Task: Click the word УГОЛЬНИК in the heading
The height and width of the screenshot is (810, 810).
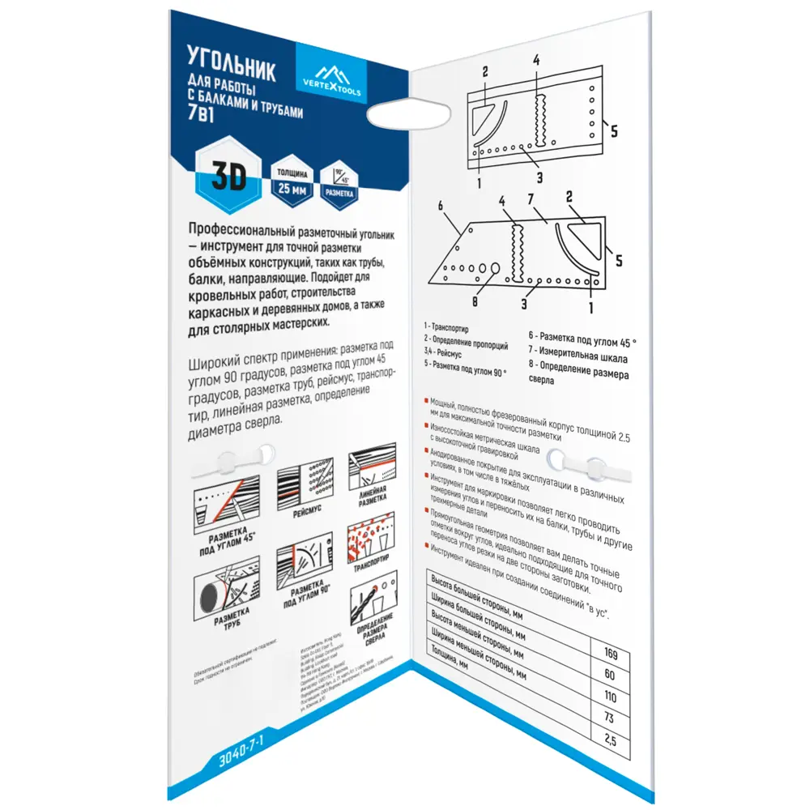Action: (231, 66)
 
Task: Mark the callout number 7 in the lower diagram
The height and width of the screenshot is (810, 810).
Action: (531, 200)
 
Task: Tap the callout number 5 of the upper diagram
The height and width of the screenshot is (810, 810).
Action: (613, 130)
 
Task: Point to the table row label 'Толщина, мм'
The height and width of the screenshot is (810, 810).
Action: (456, 661)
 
